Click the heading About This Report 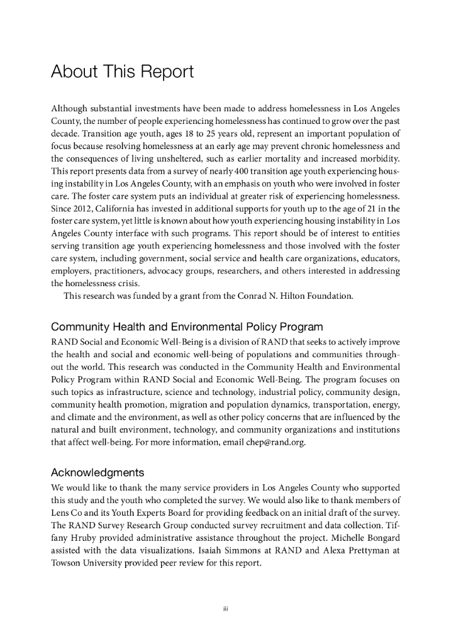pyautogui.click(x=122, y=72)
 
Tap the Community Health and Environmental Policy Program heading pyautogui.click(x=187, y=327)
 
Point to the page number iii pyautogui.click(x=225, y=608)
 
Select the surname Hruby pyautogui.click(x=84, y=526)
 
